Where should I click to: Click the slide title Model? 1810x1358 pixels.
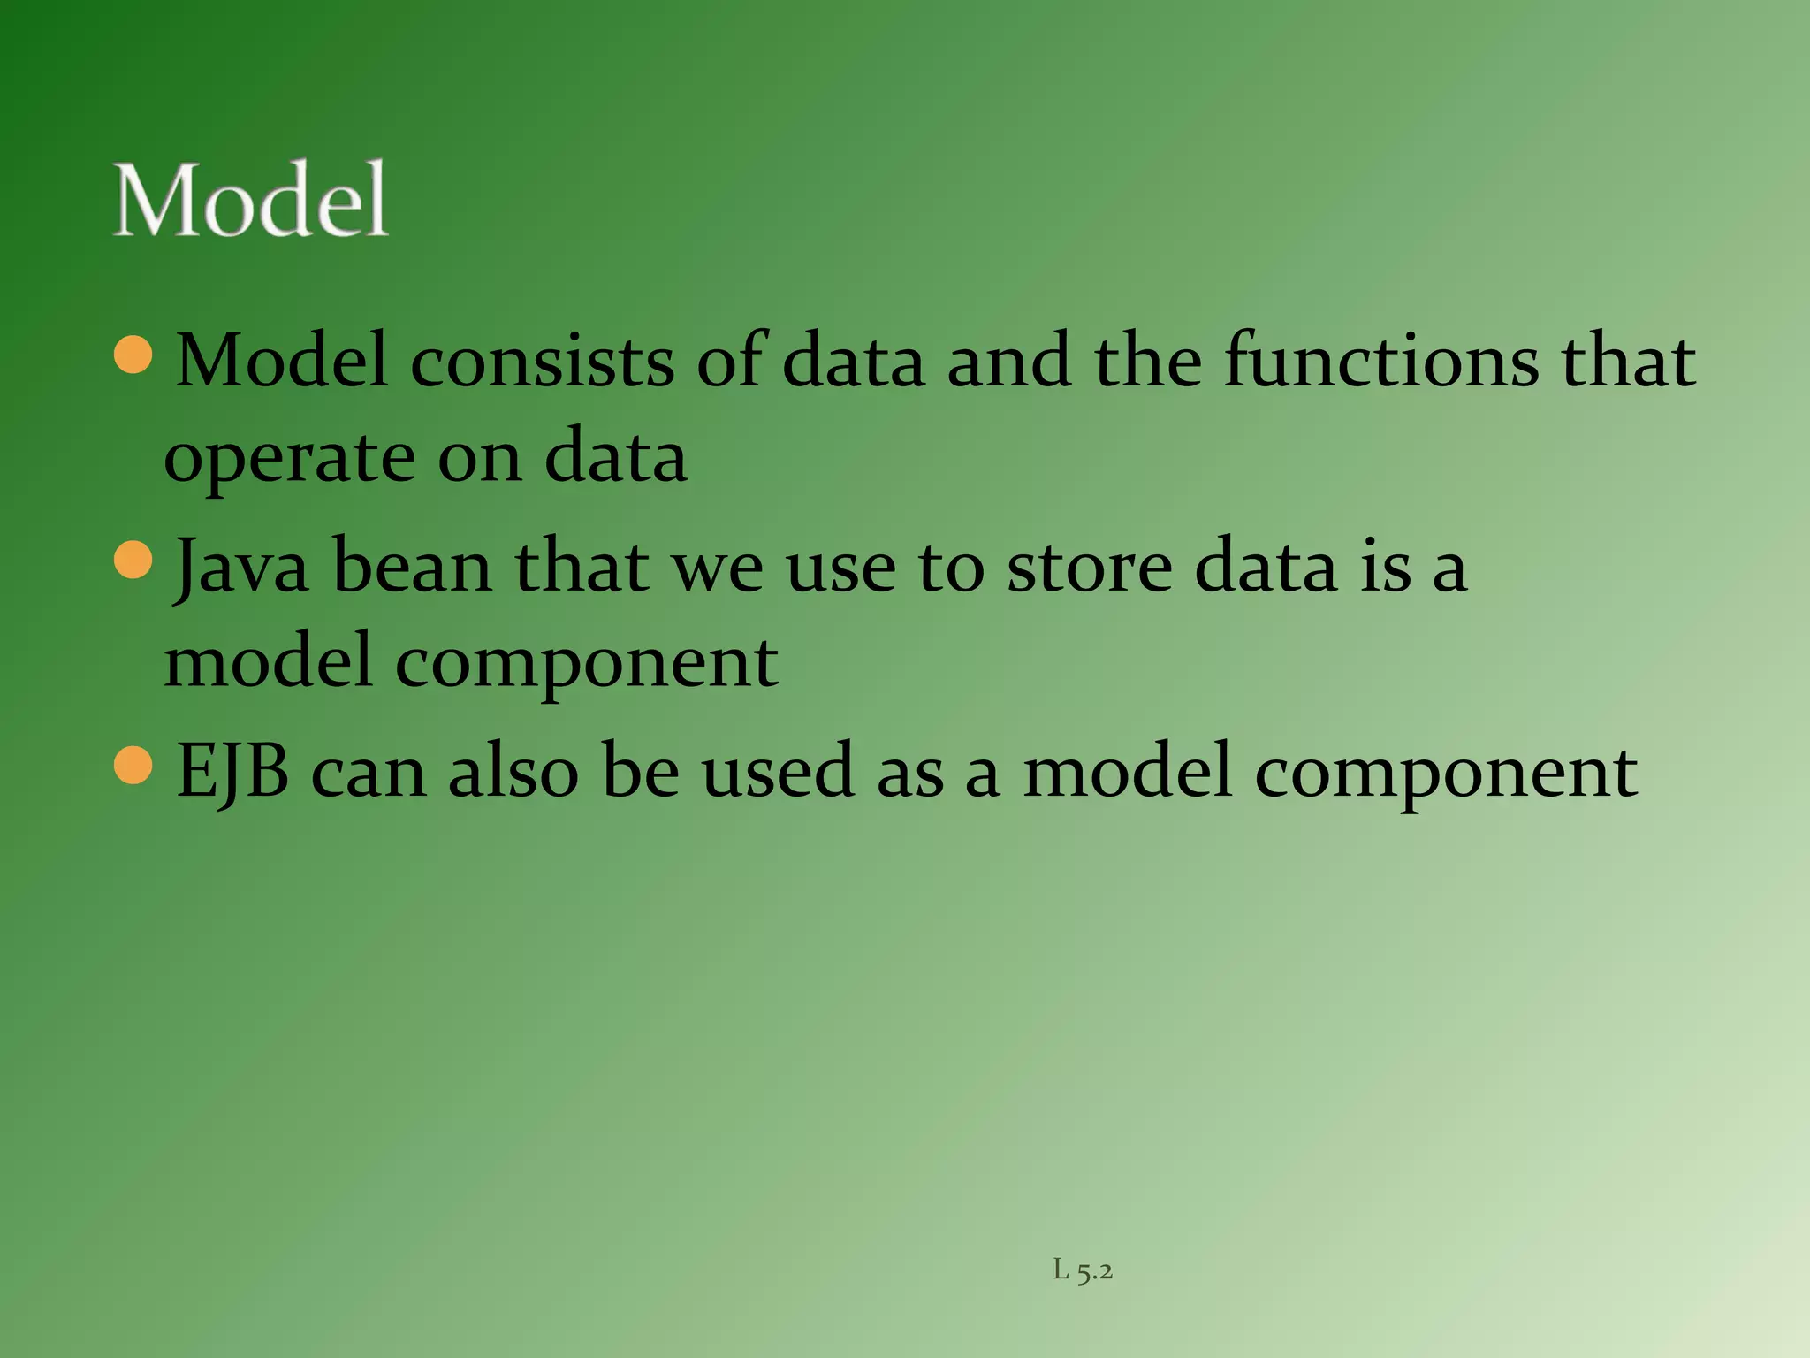(251, 201)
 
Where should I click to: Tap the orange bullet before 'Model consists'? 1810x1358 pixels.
(134, 355)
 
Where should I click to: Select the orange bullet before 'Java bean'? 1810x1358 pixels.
(134, 560)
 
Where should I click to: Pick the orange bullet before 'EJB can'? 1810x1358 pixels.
(134, 765)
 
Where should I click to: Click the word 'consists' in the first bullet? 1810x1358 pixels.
(541, 362)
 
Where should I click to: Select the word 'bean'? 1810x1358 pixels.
(413, 567)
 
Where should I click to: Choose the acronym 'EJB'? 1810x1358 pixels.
(232, 772)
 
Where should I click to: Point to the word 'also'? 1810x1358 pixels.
(513, 772)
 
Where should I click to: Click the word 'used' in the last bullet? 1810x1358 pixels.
(779, 772)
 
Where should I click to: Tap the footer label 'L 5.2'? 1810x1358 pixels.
(1083, 1270)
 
